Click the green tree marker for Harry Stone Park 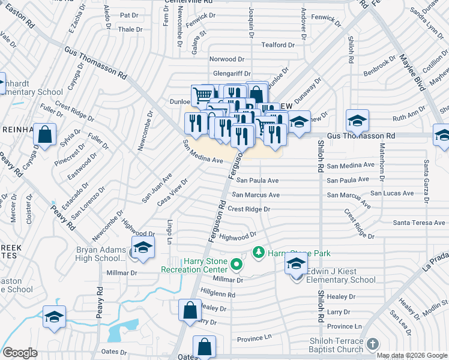pyautogui.click(x=259, y=251)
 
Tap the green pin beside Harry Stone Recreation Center pyautogui.click(x=237, y=263)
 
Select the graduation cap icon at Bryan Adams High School pyautogui.click(x=143, y=248)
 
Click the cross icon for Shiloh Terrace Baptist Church pyautogui.click(x=372, y=344)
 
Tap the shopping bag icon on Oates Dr pyautogui.click(x=204, y=347)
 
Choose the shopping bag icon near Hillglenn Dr pyautogui.click(x=190, y=311)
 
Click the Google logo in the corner pyautogui.click(x=20, y=353)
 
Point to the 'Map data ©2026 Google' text pyautogui.click(x=412, y=355)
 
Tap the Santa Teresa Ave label pyautogui.click(x=419, y=223)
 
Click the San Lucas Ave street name pyautogui.click(x=391, y=193)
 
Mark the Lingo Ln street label pyautogui.click(x=170, y=231)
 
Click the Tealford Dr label pyautogui.click(x=278, y=45)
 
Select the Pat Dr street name pyautogui.click(x=129, y=15)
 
